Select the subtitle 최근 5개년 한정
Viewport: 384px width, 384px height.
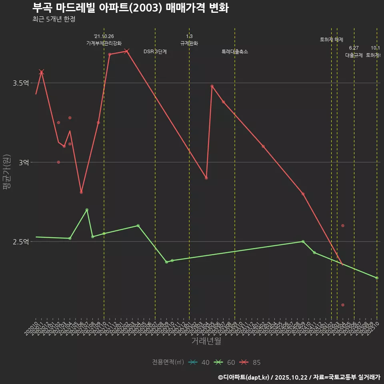coord(54,19)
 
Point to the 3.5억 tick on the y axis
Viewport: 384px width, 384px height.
coord(21,83)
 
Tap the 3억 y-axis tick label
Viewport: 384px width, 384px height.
coord(24,162)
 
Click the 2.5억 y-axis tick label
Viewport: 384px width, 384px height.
coord(21,242)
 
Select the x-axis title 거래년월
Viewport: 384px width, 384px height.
coord(206,341)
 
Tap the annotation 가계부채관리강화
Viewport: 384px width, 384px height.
coord(104,43)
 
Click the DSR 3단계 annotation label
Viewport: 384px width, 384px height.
coord(155,52)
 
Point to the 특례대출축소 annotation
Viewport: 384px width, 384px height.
coord(235,52)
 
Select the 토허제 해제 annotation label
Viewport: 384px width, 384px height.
coord(332,40)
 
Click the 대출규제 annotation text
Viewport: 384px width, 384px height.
coord(354,55)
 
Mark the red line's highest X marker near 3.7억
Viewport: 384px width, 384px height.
coord(127,51)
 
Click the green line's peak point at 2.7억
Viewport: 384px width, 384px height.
coord(87,210)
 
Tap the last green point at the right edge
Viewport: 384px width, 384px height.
coord(377,278)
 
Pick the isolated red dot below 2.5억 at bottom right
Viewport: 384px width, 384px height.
coord(343,305)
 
